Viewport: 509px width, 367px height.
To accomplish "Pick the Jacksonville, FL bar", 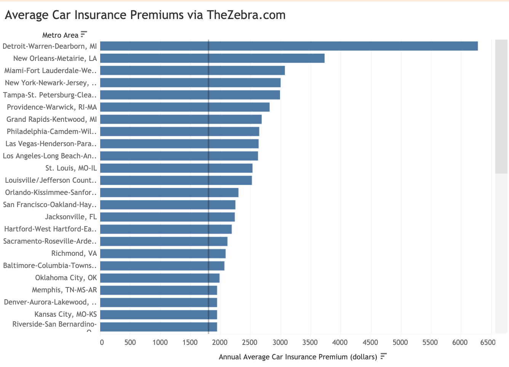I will (x=167, y=217).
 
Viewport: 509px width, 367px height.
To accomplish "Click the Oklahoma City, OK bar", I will (x=160, y=278).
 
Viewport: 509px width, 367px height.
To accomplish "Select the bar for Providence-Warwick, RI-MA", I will (x=185, y=107).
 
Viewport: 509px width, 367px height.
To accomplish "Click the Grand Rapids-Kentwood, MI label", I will (x=51, y=120).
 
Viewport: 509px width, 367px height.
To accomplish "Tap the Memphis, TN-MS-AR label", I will (x=64, y=290).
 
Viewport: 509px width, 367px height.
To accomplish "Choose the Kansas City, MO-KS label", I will (x=66, y=314).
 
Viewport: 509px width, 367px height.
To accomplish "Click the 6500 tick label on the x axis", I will (x=488, y=342).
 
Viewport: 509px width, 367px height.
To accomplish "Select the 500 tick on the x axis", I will (x=130, y=342).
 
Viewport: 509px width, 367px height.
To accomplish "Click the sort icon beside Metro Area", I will (x=84, y=34).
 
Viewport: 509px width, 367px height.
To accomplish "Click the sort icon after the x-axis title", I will (x=383, y=356).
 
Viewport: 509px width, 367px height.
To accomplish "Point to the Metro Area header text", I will (x=60, y=35).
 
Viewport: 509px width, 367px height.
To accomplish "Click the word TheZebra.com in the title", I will (x=246, y=15).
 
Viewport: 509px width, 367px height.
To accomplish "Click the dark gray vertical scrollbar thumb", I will (x=501, y=107).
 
